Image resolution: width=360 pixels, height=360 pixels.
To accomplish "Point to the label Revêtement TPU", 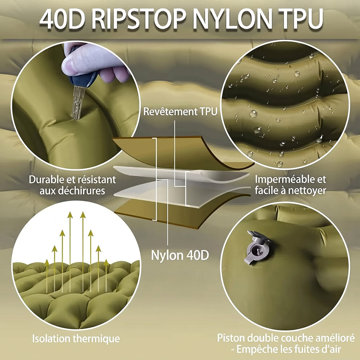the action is pyautogui.click(x=180, y=112).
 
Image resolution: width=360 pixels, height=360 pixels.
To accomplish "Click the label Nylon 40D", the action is pyautogui.click(x=180, y=255).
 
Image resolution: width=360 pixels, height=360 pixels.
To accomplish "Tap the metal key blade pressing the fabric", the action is pyautogui.click(x=78, y=102).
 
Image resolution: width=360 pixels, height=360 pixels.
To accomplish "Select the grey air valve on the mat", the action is pyautogui.click(x=258, y=248).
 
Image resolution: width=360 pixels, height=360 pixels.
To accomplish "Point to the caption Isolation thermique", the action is pyautogui.click(x=76, y=339).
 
